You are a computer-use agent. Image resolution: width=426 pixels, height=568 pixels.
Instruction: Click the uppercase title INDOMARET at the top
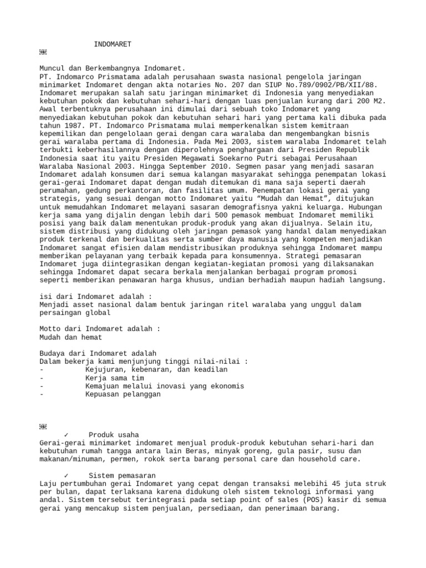[x=113, y=44]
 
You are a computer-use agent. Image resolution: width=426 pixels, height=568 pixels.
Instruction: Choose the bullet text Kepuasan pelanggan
[x=123, y=394]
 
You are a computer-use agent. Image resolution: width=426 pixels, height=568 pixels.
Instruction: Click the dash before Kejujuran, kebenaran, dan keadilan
[x=42, y=369]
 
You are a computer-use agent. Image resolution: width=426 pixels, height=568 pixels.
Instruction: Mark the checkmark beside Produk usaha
[x=66, y=434]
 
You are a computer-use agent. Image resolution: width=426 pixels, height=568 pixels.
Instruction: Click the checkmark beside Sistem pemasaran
[x=66, y=475]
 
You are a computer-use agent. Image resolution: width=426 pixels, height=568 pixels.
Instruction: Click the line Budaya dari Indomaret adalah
[x=98, y=353]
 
